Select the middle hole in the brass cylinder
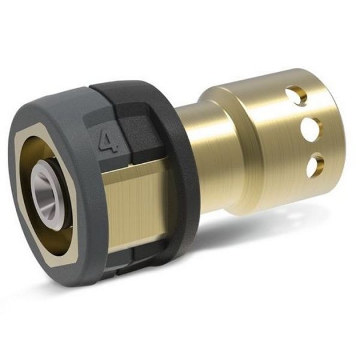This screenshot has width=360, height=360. (311, 127)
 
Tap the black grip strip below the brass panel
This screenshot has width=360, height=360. (144, 255)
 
